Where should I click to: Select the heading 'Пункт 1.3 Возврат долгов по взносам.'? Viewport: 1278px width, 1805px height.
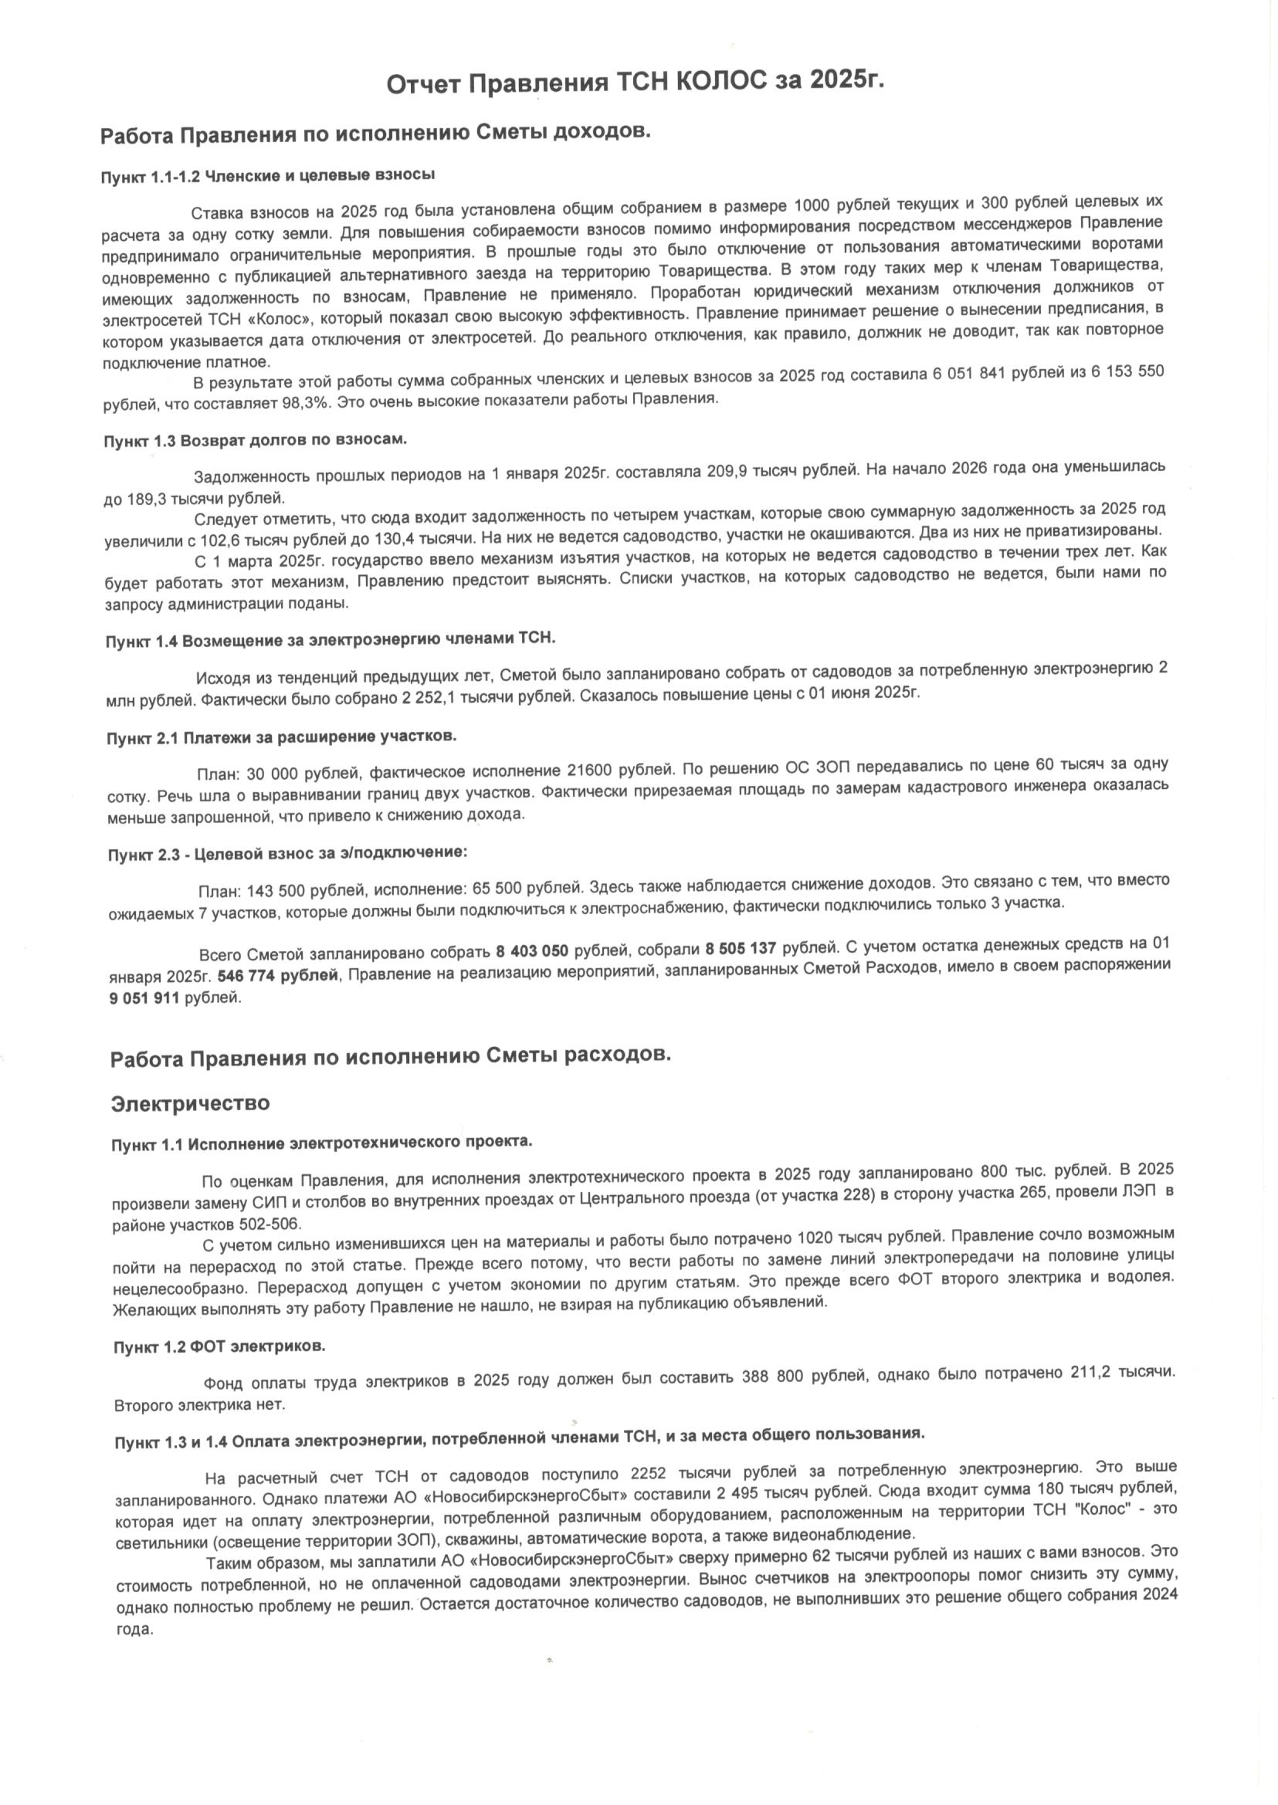[x=255, y=440]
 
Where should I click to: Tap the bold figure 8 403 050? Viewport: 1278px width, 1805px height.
[x=531, y=951]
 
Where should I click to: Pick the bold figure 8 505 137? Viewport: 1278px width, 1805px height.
[x=741, y=949]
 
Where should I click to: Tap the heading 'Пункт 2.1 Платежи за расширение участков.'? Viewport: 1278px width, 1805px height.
[x=281, y=737]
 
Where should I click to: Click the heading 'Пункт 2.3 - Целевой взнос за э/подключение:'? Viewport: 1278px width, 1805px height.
[x=288, y=855]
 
